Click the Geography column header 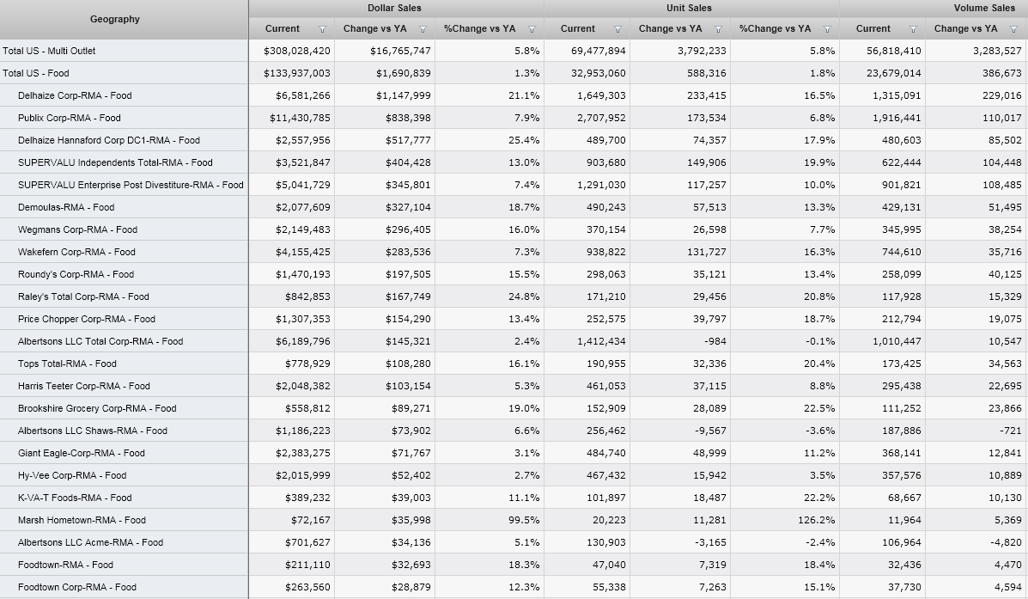coord(114,19)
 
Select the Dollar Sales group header coord(395,8)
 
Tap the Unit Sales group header coord(689,8)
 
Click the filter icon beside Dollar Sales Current coord(322,29)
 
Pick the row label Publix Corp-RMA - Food coord(70,118)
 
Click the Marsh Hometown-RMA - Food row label coord(82,520)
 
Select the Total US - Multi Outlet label coord(49,51)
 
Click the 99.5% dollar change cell coord(524,520)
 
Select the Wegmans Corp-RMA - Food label coord(77,229)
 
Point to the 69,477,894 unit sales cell coord(599,51)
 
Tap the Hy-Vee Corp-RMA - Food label coord(72,475)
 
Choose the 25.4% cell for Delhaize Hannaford coord(524,140)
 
